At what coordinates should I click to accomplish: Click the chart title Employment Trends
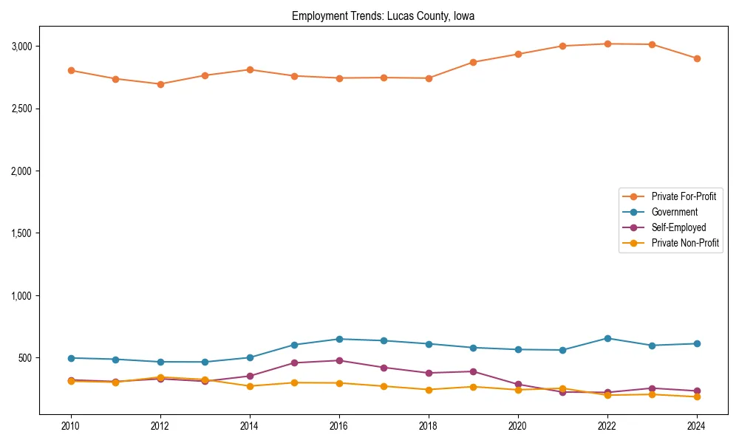point(388,16)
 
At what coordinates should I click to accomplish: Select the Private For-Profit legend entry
point(684,196)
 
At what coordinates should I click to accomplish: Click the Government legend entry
point(674,212)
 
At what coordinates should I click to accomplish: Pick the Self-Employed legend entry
point(678,227)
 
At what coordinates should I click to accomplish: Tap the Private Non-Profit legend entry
point(685,243)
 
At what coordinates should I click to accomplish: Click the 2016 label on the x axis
point(339,426)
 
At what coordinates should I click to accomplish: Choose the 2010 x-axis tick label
point(71,426)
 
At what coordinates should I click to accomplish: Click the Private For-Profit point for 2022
point(607,44)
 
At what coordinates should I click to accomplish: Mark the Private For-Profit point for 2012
point(160,84)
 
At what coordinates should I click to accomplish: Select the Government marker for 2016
point(339,339)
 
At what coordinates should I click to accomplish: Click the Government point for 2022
point(607,338)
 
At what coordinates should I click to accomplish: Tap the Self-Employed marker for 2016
point(339,360)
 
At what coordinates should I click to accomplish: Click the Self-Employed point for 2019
point(473,371)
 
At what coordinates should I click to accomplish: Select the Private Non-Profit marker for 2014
point(250,386)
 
